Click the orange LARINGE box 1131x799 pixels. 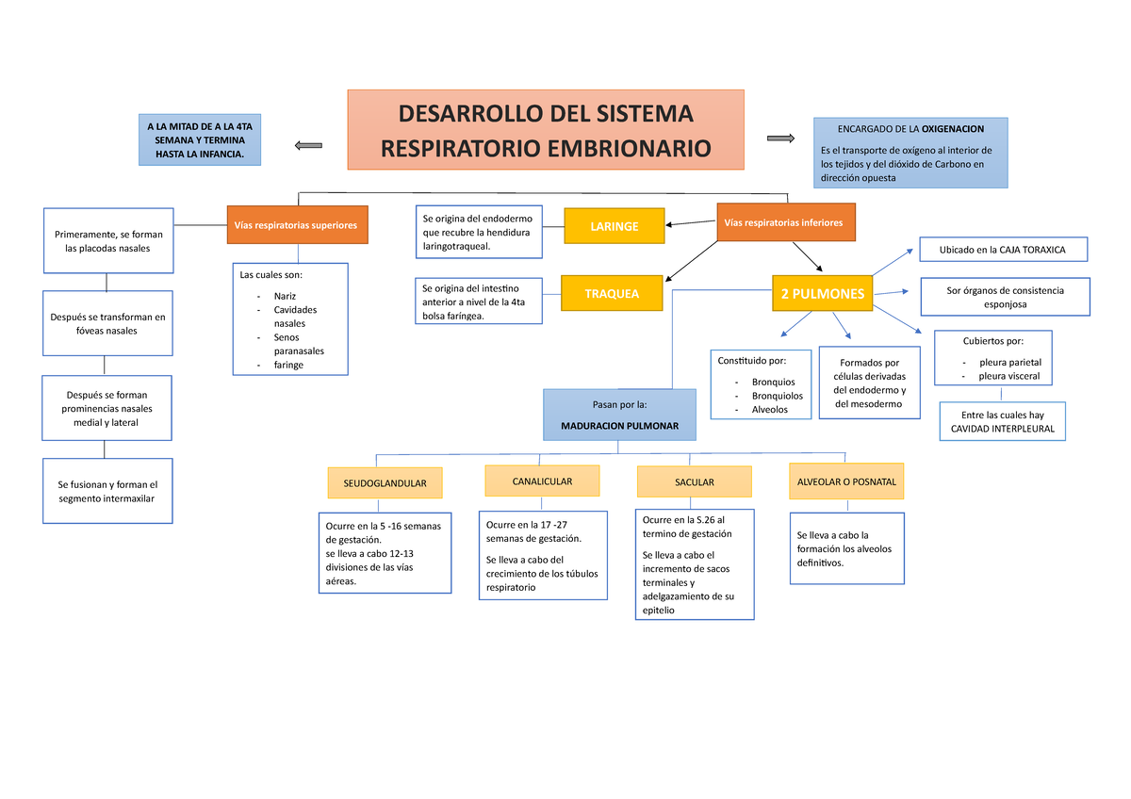pyautogui.click(x=614, y=226)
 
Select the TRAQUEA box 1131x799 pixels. pyautogui.click(x=611, y=294)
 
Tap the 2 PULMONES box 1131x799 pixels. pyautogui.click(x=822, y=294)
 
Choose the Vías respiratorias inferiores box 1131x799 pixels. pyautogui.click(x=786, y=222)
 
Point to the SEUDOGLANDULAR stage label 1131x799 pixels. pyautogui.click(x=385, y=482)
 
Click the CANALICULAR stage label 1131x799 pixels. pyautogui.click(x=542, y=481)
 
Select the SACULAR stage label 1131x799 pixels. pyautogui.click(x=695, y=482)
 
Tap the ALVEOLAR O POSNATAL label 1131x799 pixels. pyautogui.click(x=846, y=481)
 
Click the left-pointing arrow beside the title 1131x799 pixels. pyautogui.click(x=308, y=145)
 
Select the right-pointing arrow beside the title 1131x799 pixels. pyautogui.click(x=781, y=139)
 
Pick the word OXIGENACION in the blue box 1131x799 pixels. pyautogui.click(x=952, y=128)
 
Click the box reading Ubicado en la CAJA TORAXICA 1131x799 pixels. pyautogui.click(x=1003, y=250)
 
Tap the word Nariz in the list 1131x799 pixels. pyautogui.click(x=285, y=296)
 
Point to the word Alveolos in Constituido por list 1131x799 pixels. pyautogui.click(x=769, y=410)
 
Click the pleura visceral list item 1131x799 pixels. pyautogui.click(x=1008, y=376)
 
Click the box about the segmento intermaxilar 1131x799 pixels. pyautogui.click(x=107, y=491)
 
